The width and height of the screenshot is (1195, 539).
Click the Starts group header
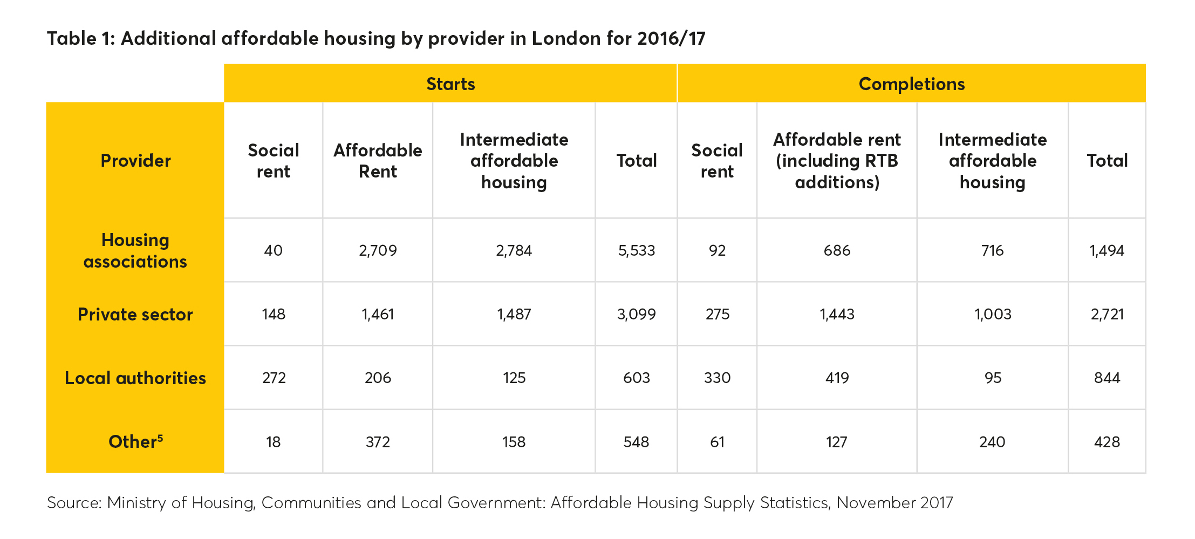450,84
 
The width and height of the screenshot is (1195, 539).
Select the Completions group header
911,84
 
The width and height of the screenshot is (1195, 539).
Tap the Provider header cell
135,161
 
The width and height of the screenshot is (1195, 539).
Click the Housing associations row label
135,250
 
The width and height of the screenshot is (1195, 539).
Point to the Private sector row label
135,315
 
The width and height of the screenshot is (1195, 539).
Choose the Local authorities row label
135,378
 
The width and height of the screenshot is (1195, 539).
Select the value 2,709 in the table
378,250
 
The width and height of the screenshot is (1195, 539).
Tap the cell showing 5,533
637,250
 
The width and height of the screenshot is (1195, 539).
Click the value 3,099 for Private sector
637,315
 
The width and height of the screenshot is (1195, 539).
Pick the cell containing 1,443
837,315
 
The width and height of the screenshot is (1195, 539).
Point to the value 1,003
993,315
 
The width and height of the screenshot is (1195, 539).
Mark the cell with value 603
637,378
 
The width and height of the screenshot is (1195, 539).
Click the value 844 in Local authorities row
1107,378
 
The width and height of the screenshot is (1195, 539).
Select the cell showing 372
378,442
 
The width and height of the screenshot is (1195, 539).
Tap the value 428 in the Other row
1107,442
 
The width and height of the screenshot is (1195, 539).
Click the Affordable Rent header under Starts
378,161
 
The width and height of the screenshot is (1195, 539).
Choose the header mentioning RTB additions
837,161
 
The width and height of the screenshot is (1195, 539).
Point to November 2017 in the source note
894,503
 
